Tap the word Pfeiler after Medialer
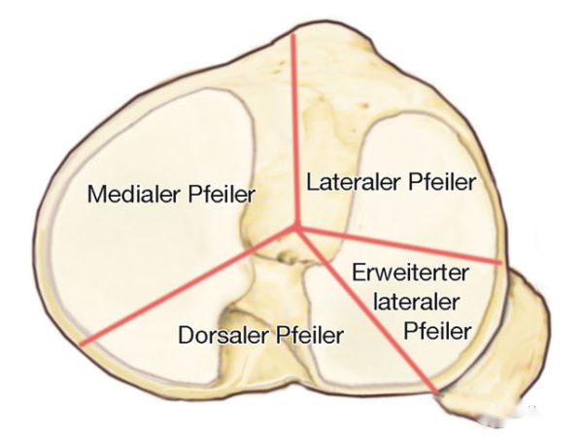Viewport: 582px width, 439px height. [222, 194]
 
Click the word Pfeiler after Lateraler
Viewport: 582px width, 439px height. [442, 182]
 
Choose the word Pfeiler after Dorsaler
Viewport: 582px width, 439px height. [310, 335]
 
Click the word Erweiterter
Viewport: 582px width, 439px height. [410, 273]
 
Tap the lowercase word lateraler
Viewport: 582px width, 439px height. [416, 302]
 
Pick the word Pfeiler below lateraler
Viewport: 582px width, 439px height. [437, 330]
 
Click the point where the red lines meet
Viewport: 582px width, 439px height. [296, 228]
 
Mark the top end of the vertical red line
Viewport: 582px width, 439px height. [292, 35]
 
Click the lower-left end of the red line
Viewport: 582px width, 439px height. [82, 344]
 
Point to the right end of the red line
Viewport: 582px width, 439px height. [500, 263]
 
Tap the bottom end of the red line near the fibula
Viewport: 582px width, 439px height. [437, 391]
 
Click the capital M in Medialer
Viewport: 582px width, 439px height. [96, 194]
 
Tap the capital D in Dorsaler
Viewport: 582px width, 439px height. [186, 335]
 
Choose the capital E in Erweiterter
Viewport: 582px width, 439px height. [359, 273]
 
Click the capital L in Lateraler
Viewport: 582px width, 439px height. [312, 182]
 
